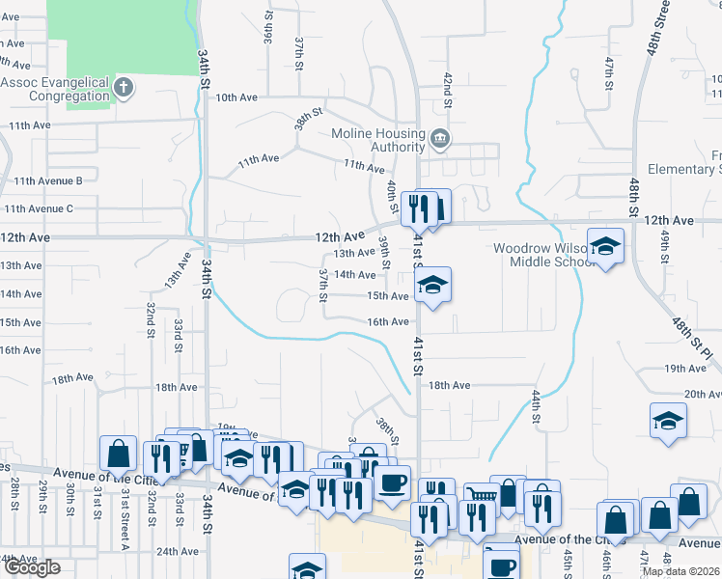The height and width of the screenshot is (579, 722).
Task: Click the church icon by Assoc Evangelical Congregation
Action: (123, 88)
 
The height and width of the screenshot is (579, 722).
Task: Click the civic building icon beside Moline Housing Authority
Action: (440, 139)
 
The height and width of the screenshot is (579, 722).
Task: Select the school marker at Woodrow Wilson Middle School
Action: (605, 247)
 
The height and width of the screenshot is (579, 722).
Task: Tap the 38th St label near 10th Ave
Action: (308, 123)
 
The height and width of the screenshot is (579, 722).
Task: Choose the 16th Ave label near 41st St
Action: (387, 321)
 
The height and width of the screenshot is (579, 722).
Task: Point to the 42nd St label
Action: (448, 83)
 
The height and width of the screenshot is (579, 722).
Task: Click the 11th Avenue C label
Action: (39, 208)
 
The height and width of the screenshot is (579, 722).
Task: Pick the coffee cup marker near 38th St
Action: (392, 482)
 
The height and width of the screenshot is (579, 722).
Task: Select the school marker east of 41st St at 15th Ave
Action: (433, 285)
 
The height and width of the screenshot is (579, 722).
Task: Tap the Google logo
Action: (31, 567)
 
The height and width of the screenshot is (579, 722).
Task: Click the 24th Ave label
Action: (178, 551)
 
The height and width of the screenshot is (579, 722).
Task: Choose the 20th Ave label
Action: (703, 394)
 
